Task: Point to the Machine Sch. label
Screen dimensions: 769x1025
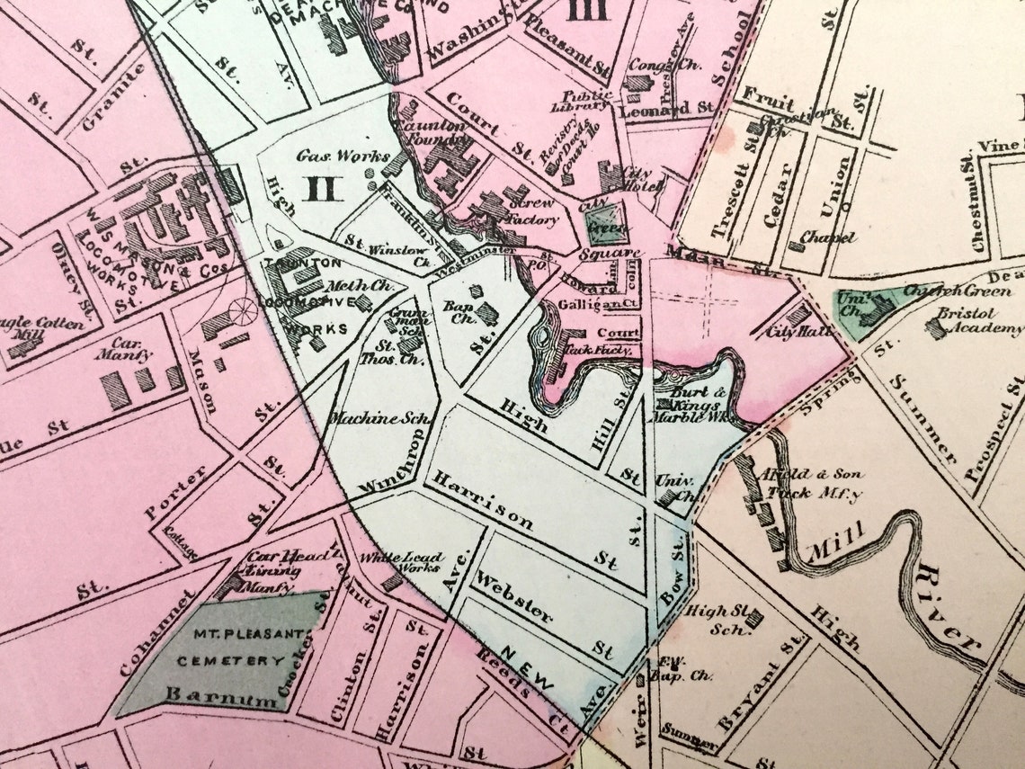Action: [369, 418]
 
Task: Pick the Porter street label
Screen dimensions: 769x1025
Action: [175, 492]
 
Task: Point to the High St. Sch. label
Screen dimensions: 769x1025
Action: [710, 619]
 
